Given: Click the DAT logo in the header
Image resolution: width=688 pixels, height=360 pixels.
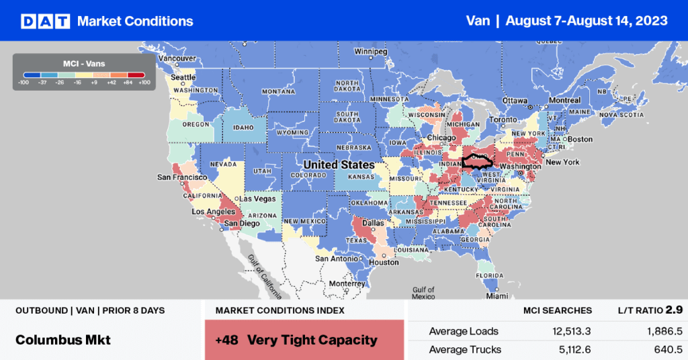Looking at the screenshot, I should pos(46,21).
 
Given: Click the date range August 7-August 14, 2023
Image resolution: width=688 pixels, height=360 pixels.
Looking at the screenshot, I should pos(587,21).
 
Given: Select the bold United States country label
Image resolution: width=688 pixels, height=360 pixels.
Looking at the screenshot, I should pos(339,165).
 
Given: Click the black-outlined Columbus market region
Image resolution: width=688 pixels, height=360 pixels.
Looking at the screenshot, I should pos(477,162).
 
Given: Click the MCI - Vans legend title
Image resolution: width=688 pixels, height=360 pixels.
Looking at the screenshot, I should pos(84,63).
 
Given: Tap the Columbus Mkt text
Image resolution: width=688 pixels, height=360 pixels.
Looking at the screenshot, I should pos(63,340).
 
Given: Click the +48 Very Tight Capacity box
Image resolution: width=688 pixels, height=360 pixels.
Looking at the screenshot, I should pos(304,339).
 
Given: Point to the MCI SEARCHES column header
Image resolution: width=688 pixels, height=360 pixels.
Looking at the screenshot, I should pos(558,310).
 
